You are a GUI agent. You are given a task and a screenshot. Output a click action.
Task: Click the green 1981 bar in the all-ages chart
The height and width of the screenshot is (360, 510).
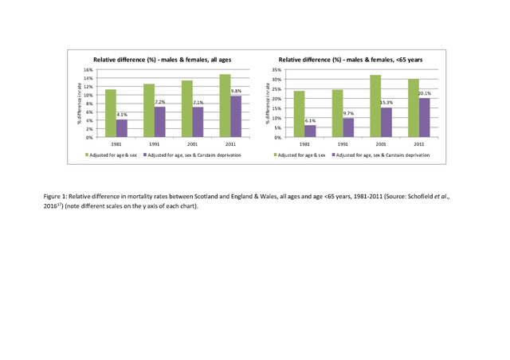click(x=111, y=113)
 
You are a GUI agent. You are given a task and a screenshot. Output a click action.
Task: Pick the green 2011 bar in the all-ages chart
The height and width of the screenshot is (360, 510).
click(x=225, y=106)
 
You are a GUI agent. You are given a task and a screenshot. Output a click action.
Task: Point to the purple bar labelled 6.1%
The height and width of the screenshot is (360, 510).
click(x=310, y=131)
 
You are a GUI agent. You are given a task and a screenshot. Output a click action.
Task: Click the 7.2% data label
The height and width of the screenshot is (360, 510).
click(x=159, y=102)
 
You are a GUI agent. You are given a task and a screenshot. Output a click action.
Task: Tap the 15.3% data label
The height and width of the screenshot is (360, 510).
click(x=386, y=102)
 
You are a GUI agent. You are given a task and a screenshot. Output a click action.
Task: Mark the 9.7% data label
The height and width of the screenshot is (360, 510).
click(x=348, y=113)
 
